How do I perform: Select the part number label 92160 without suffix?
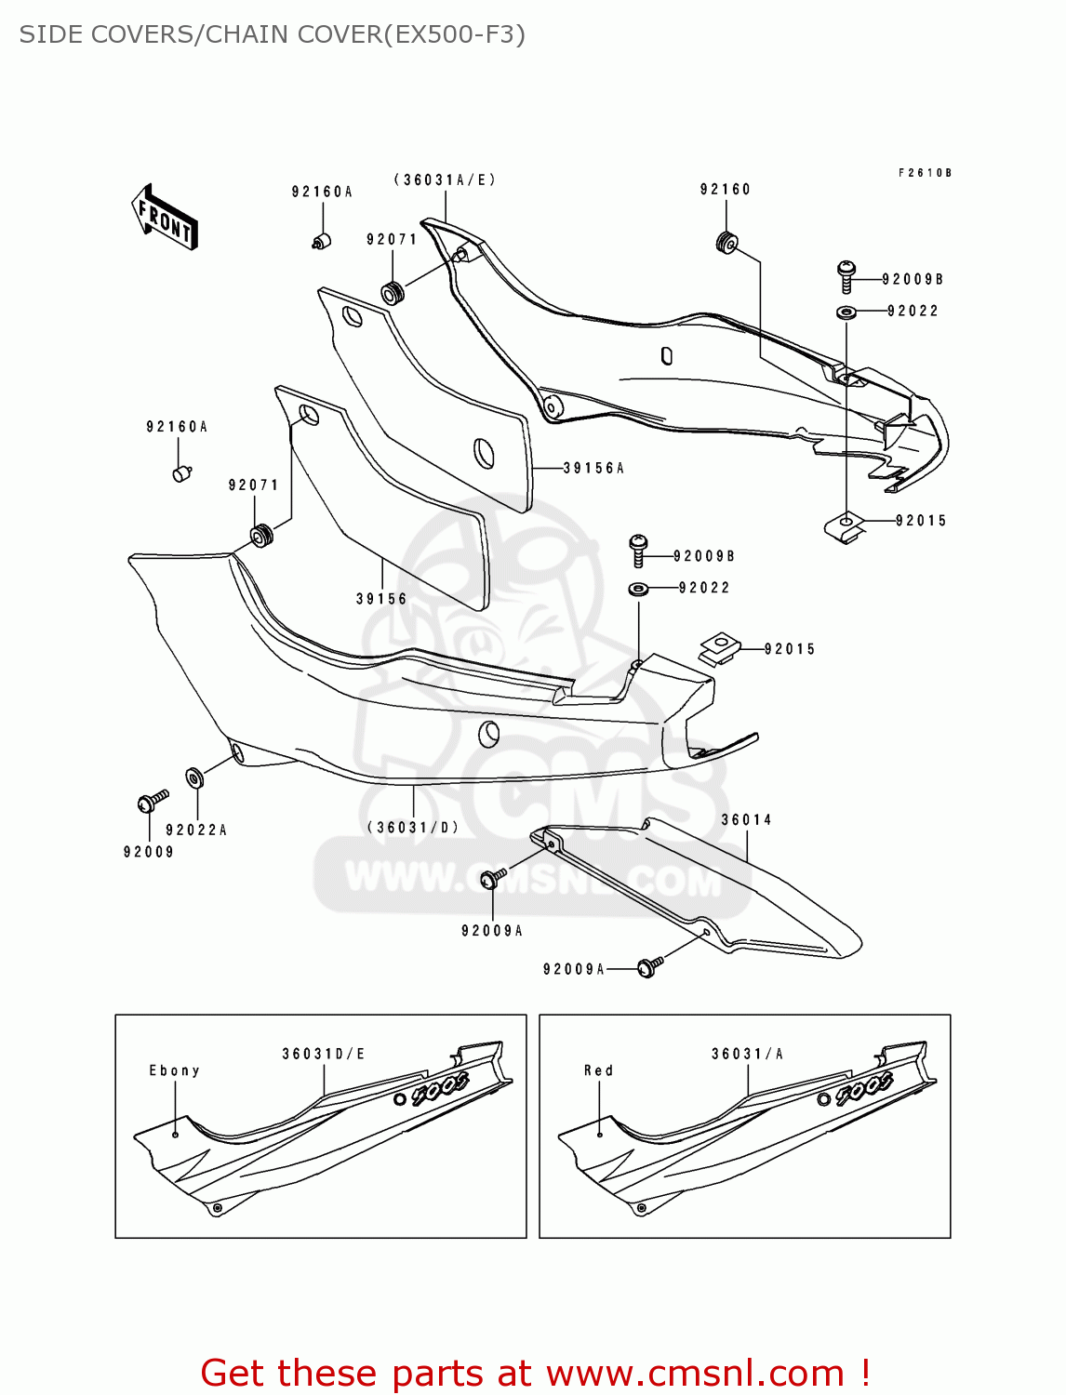[725, 190]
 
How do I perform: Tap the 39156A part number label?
[593, 469]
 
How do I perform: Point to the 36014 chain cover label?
[746, 820]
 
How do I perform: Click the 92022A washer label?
[196, 830]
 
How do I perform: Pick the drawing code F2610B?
[924, 173]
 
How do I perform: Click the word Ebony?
[174, 1071]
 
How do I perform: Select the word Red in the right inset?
[598, 1071]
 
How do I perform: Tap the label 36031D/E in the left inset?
[324, 1055]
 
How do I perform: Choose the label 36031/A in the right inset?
[747, 1055]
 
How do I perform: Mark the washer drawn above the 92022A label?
[194, 777]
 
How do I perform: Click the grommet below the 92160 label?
[727, 244]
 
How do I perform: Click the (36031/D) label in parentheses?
[413, 828]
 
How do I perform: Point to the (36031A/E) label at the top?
[445, 180]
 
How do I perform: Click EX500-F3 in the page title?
[454, 34]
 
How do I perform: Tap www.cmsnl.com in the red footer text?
[694, 1374]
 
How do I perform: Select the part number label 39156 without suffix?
[381, 600]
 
